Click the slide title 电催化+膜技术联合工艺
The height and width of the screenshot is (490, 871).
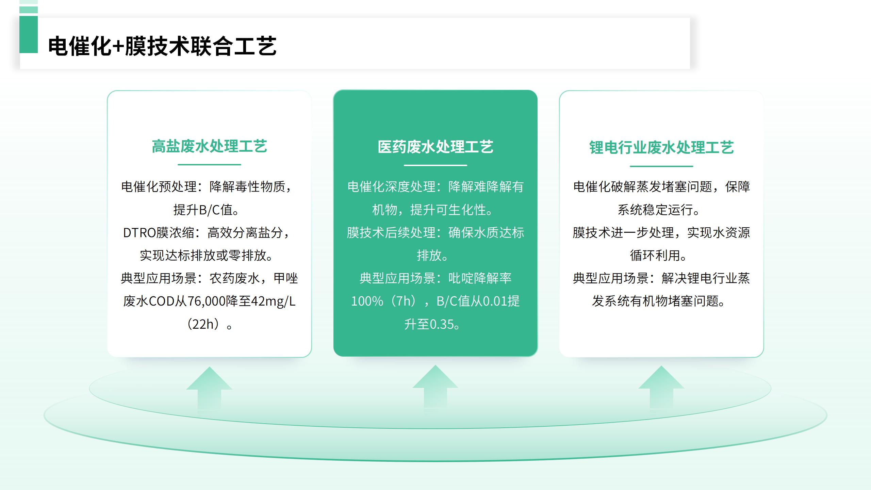(162, 46)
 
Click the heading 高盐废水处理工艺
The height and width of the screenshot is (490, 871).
(209, 146)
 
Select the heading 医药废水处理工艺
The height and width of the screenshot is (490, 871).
(435, 147)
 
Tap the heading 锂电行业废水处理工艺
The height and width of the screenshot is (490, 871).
(661, 148)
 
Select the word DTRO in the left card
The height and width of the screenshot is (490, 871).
(139, 233)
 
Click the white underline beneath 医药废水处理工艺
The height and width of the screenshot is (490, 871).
(435, 165)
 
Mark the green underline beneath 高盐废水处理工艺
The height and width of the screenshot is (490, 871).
(209, 165)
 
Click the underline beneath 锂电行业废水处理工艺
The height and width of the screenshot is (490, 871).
(661, 166)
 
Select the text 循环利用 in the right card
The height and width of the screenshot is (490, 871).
(655, 256)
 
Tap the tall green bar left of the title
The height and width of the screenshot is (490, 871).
(29, 34)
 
